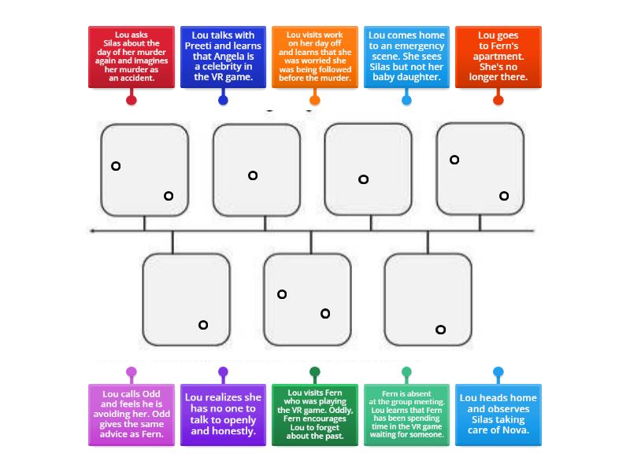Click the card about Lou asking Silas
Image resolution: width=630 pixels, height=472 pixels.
(131, 57)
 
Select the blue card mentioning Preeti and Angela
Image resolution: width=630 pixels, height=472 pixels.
(223, 57)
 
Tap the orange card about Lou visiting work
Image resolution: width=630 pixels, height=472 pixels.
(314, 57)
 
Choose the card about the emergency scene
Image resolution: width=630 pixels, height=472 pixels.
(406, 57)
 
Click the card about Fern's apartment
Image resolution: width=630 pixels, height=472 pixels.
(498, 57)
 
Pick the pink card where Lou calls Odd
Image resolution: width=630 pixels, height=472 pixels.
(131, 415)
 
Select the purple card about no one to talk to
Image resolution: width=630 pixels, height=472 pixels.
(223, 415)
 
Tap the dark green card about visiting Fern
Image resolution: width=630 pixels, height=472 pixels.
(314, 415)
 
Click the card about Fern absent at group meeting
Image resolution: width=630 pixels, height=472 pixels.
(406, 415)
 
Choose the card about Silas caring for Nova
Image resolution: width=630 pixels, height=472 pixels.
(498, 415)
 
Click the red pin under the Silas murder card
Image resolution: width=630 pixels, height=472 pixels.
(132, 99)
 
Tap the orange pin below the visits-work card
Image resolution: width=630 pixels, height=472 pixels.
(315, 99)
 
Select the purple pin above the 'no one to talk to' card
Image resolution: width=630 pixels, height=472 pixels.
(223, 372)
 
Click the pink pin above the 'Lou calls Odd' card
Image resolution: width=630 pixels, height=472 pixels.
(132, 372)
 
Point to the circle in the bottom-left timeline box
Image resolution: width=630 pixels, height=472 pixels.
(203, 325)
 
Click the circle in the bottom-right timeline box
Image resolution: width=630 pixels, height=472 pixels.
(441, 330)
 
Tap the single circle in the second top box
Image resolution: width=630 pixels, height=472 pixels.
(253, 175)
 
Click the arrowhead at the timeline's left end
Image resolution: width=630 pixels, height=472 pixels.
(93, 231)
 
